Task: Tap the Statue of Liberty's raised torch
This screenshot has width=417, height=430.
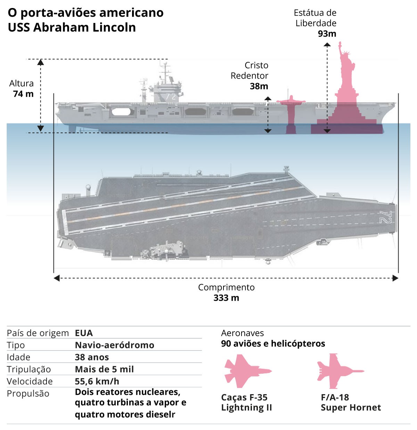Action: [x=340, y=44]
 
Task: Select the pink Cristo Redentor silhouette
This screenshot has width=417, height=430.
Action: [x=291, y=111]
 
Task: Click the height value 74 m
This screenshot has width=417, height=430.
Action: [x=23, y=94]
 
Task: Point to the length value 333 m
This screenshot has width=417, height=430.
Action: [x=226, y=298]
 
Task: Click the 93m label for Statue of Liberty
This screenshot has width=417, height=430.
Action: [x=327, y=34]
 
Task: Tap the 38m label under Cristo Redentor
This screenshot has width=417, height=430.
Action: [x=259, y=86]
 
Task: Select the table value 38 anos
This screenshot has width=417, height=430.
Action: [x=92, y=357]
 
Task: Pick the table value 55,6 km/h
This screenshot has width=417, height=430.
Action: [x=97, y=381]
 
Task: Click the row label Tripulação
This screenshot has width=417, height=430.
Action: [x=29, y=369]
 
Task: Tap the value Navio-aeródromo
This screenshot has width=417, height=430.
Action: [x=114, y=345]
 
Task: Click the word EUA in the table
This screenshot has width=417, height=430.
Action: [x=84, y=333]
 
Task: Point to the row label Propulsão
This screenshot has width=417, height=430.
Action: [x=28, y=394]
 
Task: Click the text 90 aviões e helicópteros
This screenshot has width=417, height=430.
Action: [x=273, y=343]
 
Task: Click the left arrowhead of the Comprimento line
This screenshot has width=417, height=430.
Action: [x=57, y=278]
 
